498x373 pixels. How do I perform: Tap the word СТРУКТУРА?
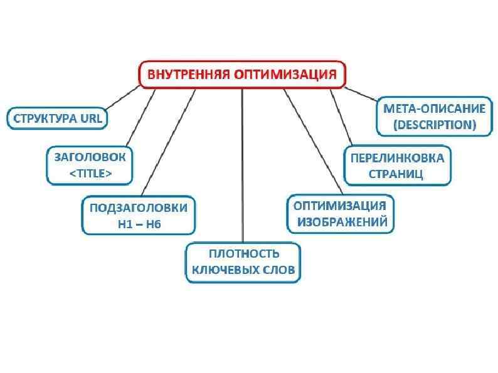[43, 118]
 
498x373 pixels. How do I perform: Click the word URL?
[90, 118]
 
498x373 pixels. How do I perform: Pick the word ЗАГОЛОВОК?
[90, 157]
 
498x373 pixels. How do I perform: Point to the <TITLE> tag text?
[90, 174]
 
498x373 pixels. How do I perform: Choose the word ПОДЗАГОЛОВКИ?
[139, 208]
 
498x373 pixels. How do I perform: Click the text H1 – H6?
[139, 224]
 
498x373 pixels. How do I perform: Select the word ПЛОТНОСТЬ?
[243, 253]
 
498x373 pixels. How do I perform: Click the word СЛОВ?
[278, 270]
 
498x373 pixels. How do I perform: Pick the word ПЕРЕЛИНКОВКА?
[396, 157]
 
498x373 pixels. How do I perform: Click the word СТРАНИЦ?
[396, 174]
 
